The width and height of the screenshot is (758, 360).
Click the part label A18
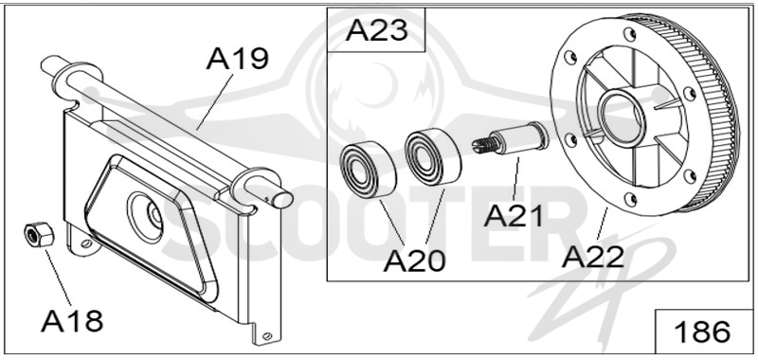tap(72, 320)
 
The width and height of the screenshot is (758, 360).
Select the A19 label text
tap(237, 59)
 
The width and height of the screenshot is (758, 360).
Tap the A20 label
tap(414, 261)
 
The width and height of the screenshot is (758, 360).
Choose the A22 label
tap(593, 257)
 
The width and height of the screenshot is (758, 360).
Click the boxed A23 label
tap(377, 30)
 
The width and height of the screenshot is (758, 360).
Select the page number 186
tap(702, 332)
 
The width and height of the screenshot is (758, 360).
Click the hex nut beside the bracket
tap(39, 234)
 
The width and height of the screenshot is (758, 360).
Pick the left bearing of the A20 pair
tap(368, 169)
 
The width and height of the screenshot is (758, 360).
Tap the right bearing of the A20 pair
tap(433, 156)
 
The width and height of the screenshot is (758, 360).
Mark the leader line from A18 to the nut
tap(59, 278)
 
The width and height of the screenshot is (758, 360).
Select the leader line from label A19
tap(215, 102)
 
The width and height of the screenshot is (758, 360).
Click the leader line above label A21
tap(516, 178)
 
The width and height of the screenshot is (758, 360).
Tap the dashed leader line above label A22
tap(603, 224)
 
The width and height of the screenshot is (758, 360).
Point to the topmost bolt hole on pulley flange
tap(629, 34)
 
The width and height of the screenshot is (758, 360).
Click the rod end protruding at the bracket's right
tap(281, 198)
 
